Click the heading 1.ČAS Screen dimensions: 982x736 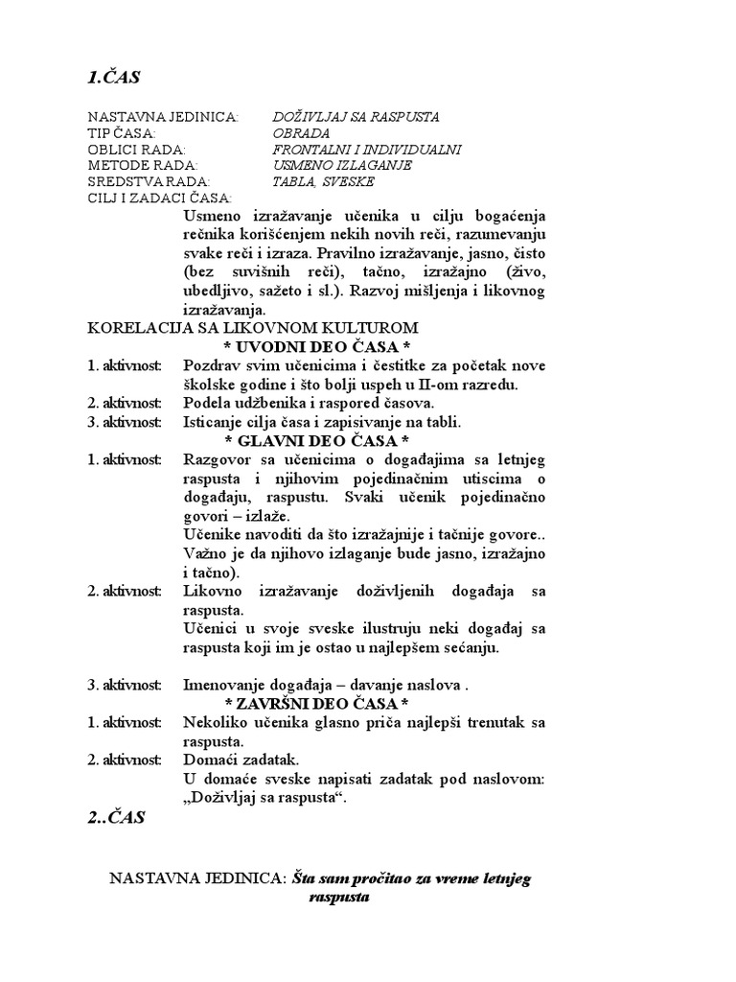[114, 76]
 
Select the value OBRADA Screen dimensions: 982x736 [300, 132]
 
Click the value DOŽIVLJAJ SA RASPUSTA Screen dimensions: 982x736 [356, 116]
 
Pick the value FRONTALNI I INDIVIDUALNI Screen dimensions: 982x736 [367, 149]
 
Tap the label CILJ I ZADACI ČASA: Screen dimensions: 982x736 [159, 198]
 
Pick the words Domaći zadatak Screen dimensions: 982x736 [235, 760]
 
